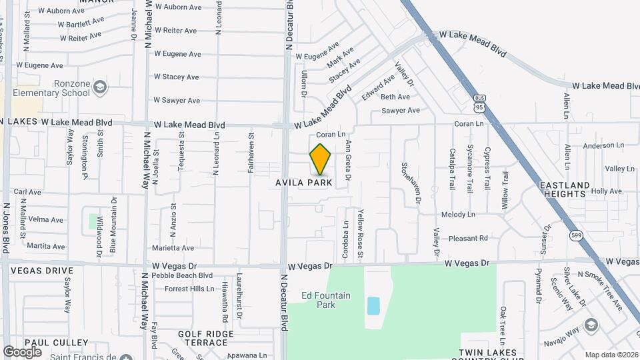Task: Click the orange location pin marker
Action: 321,159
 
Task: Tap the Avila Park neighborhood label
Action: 304,183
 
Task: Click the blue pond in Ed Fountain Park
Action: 373,306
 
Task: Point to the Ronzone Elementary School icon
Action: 99,87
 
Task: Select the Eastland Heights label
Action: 564,189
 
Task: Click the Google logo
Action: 22,351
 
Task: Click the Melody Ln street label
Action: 458,215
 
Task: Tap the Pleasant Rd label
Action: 468,238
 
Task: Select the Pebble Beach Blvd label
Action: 182,275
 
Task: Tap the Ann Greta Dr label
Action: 348,161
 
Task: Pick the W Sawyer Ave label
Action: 177,101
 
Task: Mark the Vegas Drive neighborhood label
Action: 41,271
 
